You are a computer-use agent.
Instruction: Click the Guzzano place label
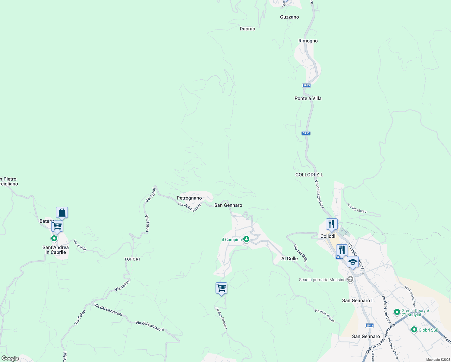tap(289, 17)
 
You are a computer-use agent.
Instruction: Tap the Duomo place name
tap(247, 29)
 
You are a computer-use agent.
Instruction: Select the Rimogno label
tap(308, 41)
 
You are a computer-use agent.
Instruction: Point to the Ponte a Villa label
tap(308, 98)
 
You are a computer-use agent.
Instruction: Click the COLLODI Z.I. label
tap(309, 175)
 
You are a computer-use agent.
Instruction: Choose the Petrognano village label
tap(189, 198)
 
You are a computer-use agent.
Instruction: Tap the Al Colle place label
tap(289, 259)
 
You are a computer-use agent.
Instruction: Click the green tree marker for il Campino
tap(246, 239)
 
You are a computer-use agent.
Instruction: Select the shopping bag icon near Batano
tap(62, 212)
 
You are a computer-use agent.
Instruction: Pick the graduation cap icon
tap(352, 262)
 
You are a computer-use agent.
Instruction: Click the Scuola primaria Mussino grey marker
tap(350, 280)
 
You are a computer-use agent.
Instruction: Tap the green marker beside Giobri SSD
tap(414, 330)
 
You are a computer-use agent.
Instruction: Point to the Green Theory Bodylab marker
tap(397, 312)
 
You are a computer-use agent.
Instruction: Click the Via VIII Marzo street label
tap(357, 208)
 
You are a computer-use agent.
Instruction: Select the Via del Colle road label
tap(300, 253)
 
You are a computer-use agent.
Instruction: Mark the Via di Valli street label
tap(80, 245)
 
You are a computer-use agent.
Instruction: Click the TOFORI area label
tap(132, 259)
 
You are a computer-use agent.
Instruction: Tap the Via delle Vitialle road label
tap(324, 316)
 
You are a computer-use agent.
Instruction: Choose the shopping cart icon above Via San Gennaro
tap(221, 288)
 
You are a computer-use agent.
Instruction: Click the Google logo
tap(10, 358)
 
